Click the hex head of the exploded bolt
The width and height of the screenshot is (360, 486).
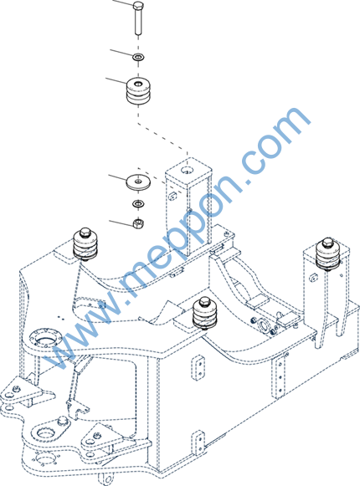pyautogui.click(x=138, y=6)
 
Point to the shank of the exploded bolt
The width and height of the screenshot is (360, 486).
pyautogui.click(x=138, y=22)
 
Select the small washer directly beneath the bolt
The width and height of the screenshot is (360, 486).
pyautogui.click(x=138, y=57)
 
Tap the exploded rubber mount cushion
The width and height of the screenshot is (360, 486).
pyautogui.click(x=138, y=90)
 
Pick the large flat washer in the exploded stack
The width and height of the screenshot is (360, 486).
pyautogui.click(x=138, y=181)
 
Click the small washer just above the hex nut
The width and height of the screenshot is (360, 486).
pyautogui.click(x=138, y=204)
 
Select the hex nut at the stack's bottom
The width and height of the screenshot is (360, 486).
pyautogui.click(x=138, y=223)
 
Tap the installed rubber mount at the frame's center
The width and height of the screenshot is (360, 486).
pyautogui.click(x=205, y=313)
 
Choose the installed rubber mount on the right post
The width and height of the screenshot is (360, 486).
pyautogui.click(x=327, y=254)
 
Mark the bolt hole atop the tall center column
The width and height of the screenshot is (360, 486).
pyautogui.click(x=188, y=170)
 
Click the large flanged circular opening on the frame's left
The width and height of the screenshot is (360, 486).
pyautogui.click(x=44, y=337)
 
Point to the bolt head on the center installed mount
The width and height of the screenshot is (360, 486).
pyautogui.click(x=205, y=301)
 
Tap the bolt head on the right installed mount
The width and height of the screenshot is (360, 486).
pyautogui.click(x=327, y=242)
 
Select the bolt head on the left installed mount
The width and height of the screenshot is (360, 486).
pyautogui.click(x=85, y=233)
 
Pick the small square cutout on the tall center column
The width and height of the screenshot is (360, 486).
pyautogui.click(x=172, y=195)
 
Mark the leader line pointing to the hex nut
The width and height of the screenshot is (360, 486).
pyautogui.click(x=121, y=223)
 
